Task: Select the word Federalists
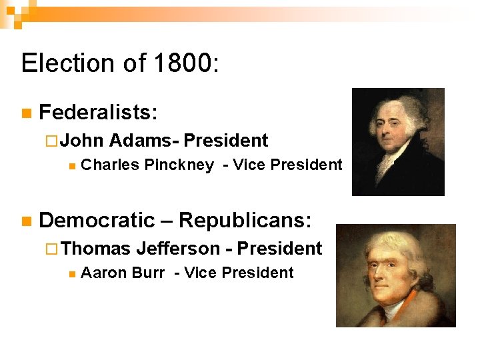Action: [99, 113]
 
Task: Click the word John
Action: [83, 141]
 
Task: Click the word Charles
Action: [106, 165]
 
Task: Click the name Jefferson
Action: [178, 249]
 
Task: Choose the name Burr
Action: [150, 273]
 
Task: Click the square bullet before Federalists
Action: [26, 113]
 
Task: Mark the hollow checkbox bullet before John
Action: [55, 141]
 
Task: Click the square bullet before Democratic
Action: [26, 221]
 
